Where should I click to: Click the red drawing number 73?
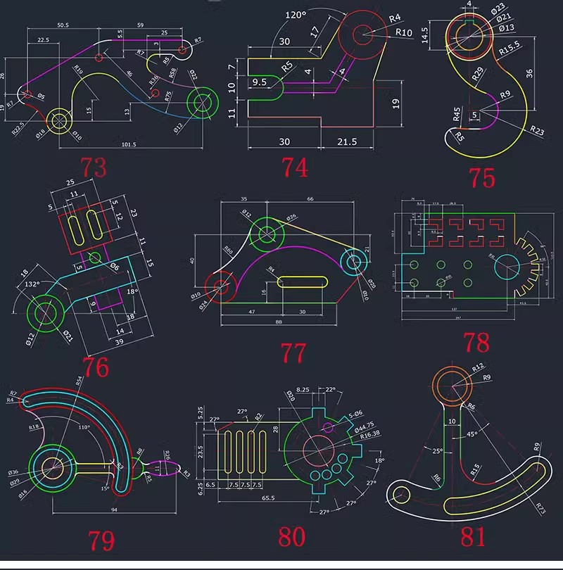click(x=94, y=168)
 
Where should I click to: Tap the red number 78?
click(x=476, y=343)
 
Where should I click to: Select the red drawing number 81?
click(x=473, y=537)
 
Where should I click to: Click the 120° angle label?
click(x=296, y=15)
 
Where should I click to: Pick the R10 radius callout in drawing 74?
click(x=403, y=32)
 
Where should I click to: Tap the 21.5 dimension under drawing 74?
click(x=346, y=141)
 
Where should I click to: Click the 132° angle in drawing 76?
click(x=31, y=285)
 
